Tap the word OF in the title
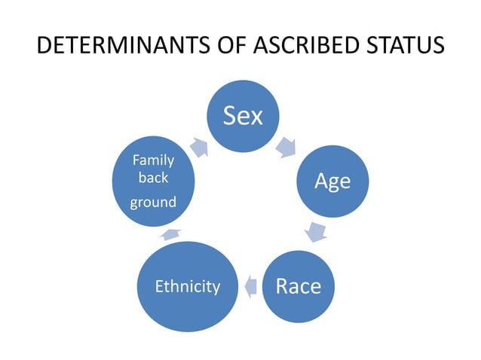click(x=230, y=47)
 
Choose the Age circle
click(x=332, y=182)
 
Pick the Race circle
click(x=298, y=286)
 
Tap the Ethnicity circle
click(x=187, y=286)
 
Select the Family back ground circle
click(x=153, y=181)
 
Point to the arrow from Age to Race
click(x=317, y=230)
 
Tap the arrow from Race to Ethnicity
click(x=252, y=285)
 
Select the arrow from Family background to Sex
click(x=199, y=148)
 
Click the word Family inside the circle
click(x=153, y=160)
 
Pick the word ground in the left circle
click(x=153, y=202)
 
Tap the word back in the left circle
click(x=153, y=178)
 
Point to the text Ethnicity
click(x=187, y=286)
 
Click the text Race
click(x=298, y=286)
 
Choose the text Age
click(x=332, y=182)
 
